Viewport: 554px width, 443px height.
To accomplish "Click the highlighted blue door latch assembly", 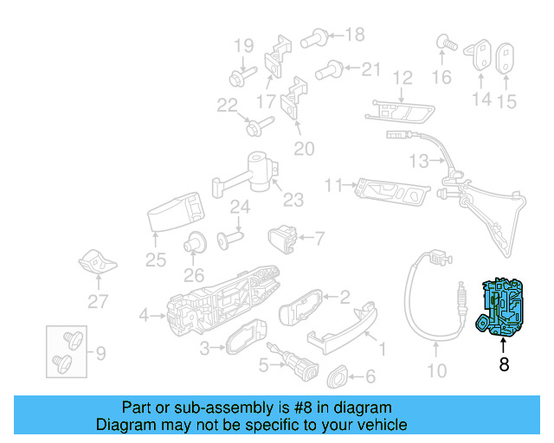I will click(x=504, y=308).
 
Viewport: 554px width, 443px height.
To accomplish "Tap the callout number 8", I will click(x=504, y=365).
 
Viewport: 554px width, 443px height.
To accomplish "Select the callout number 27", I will click(x=99, y=302).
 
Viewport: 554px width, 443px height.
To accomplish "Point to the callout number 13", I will click(x=419, y=161).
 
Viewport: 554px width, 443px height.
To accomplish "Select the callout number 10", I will click(x=437, y=371).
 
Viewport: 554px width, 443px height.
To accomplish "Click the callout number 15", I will click(x=506, y=102).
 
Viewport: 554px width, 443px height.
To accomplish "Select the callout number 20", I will click(x=304, y=149).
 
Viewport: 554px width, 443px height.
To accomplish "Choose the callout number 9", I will click(x=100, y=353).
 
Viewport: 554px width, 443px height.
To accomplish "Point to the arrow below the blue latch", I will click(x=504, y=346).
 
